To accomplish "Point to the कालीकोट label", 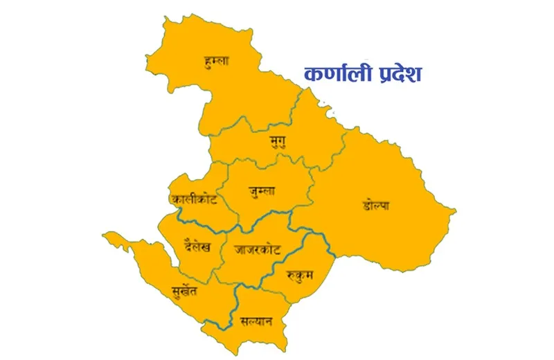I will (x=195, y=199).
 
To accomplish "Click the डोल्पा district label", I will (x=375, y=205).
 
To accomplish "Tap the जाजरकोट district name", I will (x=257, y=247).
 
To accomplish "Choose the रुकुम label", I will (x=299, y=275).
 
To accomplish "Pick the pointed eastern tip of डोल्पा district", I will (x=454, y=209).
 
